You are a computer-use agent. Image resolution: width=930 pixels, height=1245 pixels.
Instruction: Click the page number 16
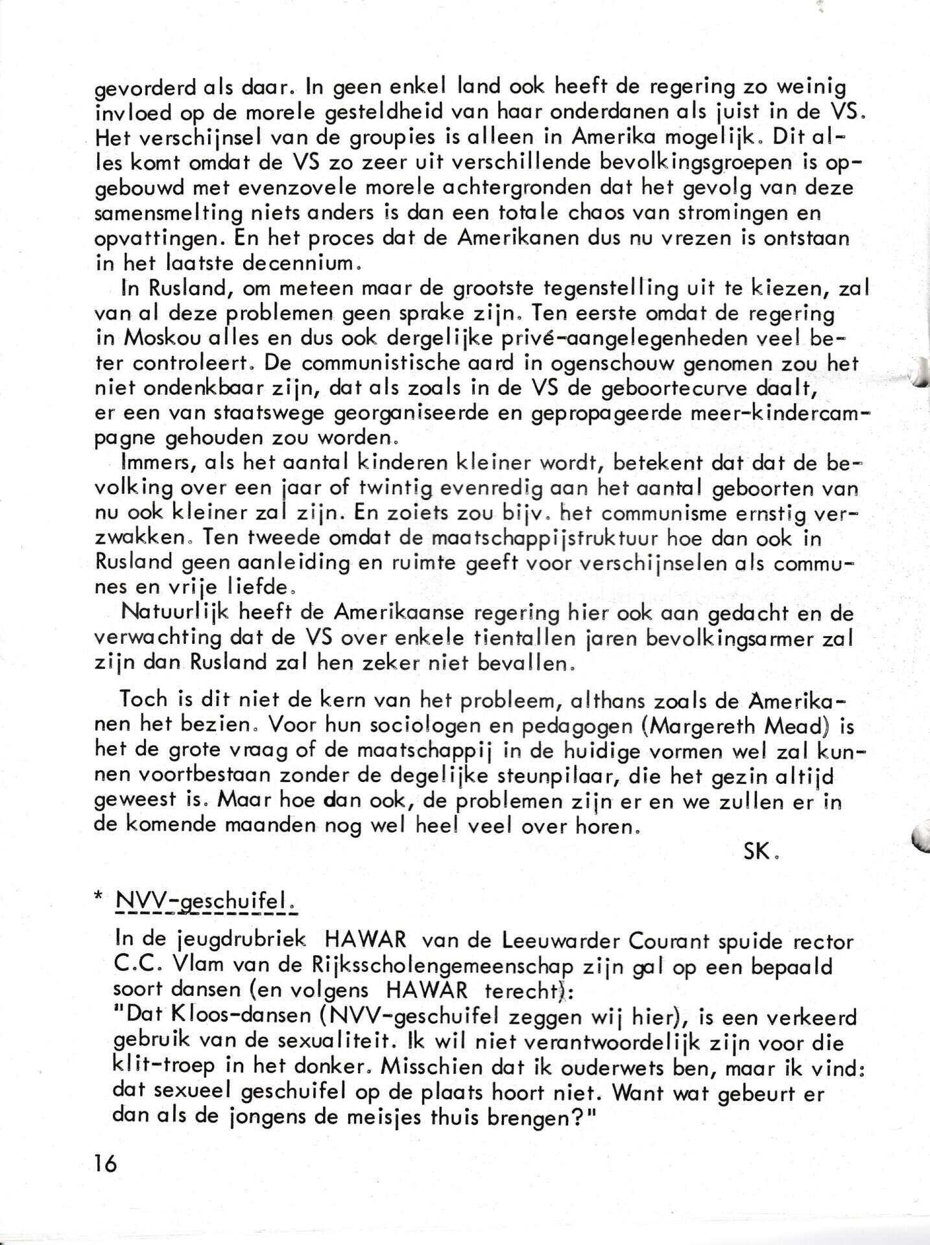pyautogui.click(x=105, y=1164)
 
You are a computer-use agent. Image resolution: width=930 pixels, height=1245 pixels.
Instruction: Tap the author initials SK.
pyautogui.click(x=757, y=853)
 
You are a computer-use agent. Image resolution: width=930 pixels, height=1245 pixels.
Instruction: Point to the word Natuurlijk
pyautogui.click(x=171, y=612)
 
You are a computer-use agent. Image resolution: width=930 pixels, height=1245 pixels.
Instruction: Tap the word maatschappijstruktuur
pyautogui.click(x=533, y=539)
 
